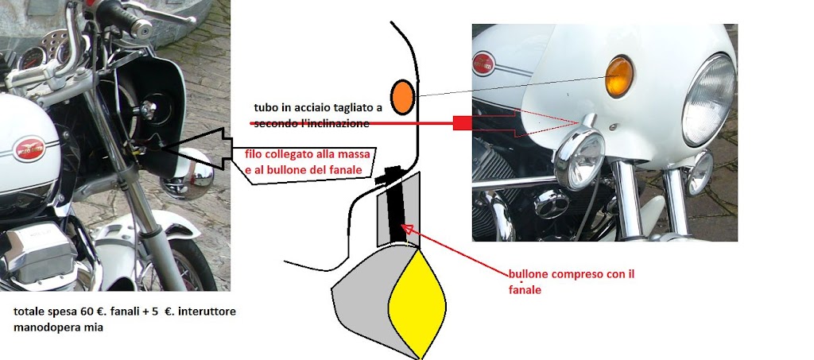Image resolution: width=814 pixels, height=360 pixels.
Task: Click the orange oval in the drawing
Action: coord(402,97)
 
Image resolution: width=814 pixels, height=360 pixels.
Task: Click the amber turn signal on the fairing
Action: coord(618,77)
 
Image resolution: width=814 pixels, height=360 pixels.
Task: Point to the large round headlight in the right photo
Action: coord(708,99)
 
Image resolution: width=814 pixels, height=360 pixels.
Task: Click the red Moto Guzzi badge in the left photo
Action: coord(29,149)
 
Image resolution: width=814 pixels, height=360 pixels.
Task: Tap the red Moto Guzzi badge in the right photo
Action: coord(483,64)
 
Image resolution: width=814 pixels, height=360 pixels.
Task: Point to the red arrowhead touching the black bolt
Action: coord(409,230)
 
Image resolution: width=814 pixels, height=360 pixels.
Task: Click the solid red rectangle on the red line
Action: coord(462,123)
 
